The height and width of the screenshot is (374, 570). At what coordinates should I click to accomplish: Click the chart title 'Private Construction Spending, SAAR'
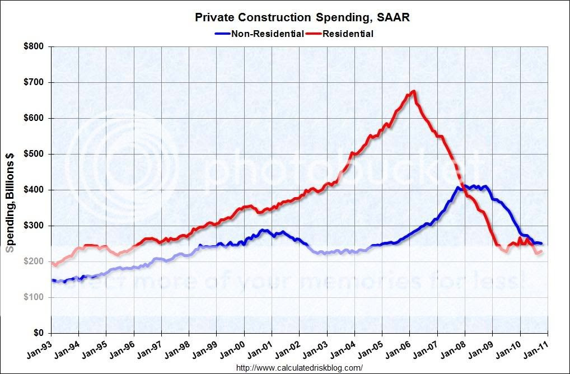(302, 17)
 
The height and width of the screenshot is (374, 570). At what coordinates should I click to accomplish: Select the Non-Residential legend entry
(260, 34)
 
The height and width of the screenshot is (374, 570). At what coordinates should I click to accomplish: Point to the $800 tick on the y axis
(35, 46)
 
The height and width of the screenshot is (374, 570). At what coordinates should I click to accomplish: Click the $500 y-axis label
(35, 154)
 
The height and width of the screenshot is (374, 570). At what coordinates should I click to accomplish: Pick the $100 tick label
(35, 297)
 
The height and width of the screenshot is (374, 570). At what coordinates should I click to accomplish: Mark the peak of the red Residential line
(413, 91)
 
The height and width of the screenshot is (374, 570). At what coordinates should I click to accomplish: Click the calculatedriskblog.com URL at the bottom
(300, 368)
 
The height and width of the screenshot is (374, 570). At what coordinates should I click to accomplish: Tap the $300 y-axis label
(35, 226)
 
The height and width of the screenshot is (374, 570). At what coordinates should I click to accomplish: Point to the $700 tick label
(35, 82)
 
